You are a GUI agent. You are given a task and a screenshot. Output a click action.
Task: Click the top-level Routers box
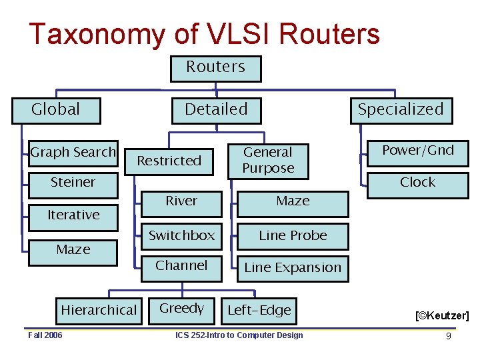click(215, 68)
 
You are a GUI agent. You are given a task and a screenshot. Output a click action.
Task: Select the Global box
click(56, 110)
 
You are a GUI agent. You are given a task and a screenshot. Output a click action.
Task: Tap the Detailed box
click(216, 110)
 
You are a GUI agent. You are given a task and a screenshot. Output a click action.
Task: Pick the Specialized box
click(401, 110)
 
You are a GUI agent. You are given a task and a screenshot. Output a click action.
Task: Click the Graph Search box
click(73, 153)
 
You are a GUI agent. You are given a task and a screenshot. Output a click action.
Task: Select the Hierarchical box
click(98, 310)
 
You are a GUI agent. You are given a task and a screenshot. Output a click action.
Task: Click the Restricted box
click(169, 161)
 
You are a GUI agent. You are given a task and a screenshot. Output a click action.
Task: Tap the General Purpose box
click(267, 161)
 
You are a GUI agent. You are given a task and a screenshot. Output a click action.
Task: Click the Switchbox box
click(181, 236)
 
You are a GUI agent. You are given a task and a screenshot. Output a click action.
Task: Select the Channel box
click(181, 266)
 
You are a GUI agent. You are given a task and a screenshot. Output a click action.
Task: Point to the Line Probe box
click(293, 236)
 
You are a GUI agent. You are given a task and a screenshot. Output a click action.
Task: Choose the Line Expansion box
click(293, 268)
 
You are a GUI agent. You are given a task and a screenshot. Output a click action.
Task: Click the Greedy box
click(181, 309)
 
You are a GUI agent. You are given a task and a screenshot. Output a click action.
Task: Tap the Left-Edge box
click(259, 310)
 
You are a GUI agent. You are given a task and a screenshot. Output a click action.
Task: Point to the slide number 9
click(449, 336)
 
